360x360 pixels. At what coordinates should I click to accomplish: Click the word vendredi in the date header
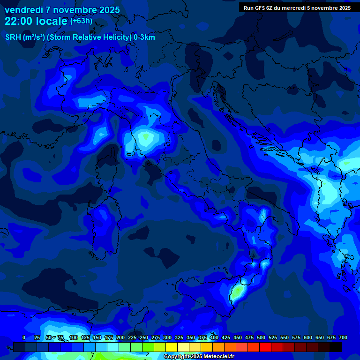[x=23, y=10]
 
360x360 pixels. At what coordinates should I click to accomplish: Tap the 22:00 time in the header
[x=18, y=21]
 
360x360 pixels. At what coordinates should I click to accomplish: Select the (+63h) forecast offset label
[x=81, y=21]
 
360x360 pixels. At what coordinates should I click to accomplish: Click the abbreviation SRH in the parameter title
[x=13, y=37]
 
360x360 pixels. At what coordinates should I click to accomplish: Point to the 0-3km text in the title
[x=144, y=37]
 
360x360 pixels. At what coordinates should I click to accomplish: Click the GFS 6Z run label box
[x=297, y=8]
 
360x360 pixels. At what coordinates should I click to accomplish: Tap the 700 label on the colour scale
[x=343, y=337]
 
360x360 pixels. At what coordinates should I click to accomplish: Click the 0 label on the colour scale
[x=24, y=337]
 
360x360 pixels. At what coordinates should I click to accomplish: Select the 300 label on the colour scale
[x=167, y=337]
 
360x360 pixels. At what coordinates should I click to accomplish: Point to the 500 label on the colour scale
[x=261, y=337]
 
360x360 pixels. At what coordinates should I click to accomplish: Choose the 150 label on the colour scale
[x=97, y=337]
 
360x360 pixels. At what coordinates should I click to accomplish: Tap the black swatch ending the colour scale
[x=336, y=347]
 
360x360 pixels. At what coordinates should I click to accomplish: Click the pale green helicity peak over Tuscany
[x=146, y=136]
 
